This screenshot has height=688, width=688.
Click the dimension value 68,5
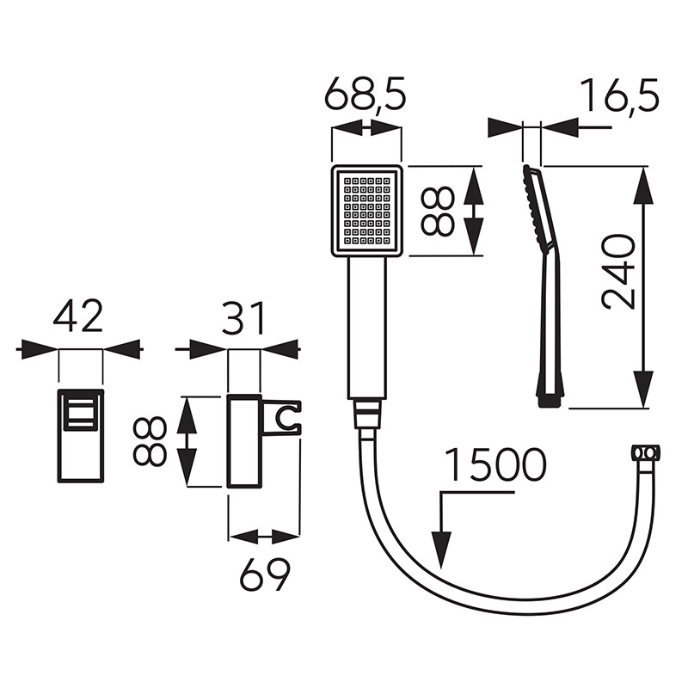pos(365,95)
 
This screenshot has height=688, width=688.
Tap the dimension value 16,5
pos(618,95)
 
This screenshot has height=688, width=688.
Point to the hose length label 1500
pos(495,464)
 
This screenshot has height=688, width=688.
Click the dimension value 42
pos(78,316)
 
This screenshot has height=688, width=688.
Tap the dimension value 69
pos(264,574)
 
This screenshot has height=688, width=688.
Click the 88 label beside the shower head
pos(438,211)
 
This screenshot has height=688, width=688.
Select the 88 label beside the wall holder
pos(151,441)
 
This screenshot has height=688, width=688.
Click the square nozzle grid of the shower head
pos(366,210)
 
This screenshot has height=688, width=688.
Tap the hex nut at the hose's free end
pos(646,452)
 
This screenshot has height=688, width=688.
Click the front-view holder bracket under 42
pos(81,436)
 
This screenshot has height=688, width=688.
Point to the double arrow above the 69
pos(264,537)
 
